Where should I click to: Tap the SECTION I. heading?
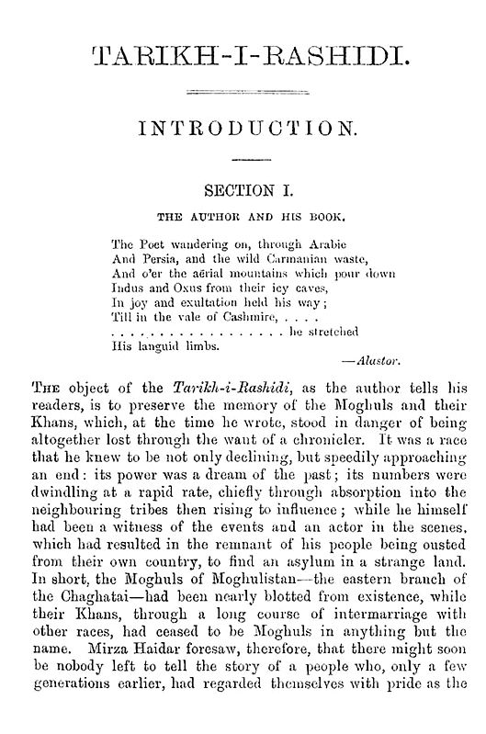pos(243,191)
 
